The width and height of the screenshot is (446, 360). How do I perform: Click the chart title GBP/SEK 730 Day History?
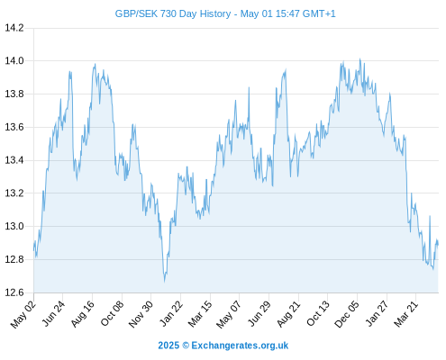173,13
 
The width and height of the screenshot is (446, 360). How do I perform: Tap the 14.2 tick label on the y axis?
14,28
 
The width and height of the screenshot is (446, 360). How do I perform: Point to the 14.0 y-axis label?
14,61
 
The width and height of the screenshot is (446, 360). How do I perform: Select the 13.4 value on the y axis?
14,160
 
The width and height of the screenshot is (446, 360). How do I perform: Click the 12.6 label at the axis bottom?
14,292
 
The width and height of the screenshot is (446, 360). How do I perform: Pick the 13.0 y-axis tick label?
14,226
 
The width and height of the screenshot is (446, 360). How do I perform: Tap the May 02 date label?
23,314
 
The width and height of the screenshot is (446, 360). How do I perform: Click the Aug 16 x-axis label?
82,314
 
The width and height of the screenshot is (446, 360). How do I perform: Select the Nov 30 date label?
141,314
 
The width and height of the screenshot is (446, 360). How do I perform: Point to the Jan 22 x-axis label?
170,314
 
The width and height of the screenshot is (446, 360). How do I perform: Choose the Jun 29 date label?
259,314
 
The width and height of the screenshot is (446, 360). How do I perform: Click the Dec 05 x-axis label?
347,314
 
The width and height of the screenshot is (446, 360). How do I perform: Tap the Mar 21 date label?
405,314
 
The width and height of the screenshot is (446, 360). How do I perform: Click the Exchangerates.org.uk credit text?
240,346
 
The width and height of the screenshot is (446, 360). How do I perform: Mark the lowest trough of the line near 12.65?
165,281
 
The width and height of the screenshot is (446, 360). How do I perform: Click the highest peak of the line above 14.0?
360,59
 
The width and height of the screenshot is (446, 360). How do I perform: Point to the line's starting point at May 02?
33,250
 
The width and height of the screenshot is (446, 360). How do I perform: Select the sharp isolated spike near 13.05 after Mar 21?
430,216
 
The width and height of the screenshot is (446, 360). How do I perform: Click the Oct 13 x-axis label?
317,314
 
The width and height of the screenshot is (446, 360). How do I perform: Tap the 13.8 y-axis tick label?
14,94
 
